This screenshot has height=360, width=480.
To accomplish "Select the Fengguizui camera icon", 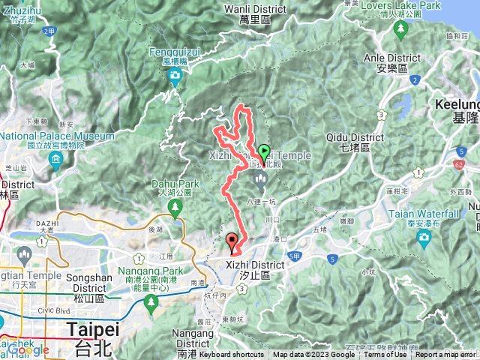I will (175, 76).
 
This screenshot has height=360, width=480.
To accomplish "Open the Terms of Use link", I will (385, 355).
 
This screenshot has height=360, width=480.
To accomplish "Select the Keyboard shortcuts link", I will (232, 355).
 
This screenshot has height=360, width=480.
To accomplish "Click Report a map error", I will (445, 355).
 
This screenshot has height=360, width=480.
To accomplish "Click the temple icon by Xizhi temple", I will (260, 177).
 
